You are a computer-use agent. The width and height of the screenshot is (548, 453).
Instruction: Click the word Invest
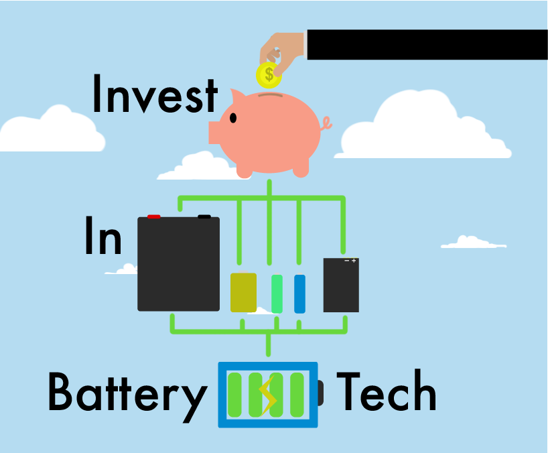click(154, 95)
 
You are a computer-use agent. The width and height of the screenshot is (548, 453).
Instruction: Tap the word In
click(103, 236)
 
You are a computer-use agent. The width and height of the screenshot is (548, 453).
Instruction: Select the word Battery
click(127, 393)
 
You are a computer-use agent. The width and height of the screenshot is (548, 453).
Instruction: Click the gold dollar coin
click(269, 74)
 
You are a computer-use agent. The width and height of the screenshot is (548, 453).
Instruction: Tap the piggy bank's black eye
click(233, 119)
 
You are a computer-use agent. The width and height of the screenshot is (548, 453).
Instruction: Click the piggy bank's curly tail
click(326, 123)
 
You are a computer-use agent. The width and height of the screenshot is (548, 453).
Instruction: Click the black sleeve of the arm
click(427, 44)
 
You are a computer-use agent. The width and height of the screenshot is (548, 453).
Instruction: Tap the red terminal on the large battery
click(153, 216)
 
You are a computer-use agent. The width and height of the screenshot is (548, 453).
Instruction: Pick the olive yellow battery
click(243, 292)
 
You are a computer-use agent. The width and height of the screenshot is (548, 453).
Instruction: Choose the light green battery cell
click(277, 294)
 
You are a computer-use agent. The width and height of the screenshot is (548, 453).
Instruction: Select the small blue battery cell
click(299, 294)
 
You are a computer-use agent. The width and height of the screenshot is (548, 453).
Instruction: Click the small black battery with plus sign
click(341, 287)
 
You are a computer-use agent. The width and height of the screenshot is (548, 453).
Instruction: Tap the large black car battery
click(178, 265)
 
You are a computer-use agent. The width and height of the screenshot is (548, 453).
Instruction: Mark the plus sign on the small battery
click(354, 261)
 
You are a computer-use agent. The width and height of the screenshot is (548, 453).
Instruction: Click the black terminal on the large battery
click(204, 216)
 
